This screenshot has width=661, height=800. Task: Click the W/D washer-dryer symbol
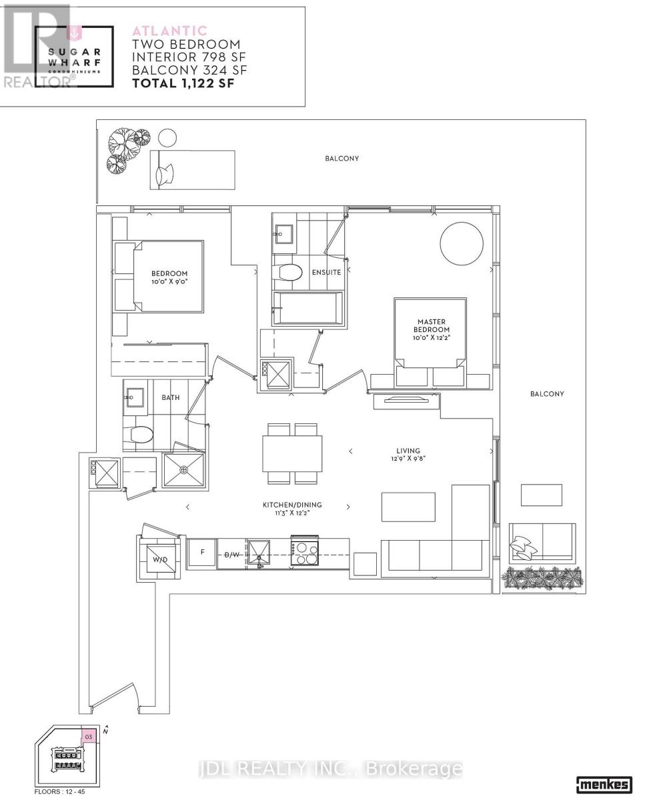click(161, 559)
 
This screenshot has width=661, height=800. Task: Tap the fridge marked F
click(202, 553)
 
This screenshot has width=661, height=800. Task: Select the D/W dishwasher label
click(231, 555)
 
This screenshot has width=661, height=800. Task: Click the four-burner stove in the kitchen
click(305, 553)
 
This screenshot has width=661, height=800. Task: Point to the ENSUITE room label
click(327, 272)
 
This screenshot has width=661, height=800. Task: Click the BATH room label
click(171, 397)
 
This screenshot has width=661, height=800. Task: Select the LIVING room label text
click(407, 451)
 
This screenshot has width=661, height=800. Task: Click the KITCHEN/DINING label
click(287, 506)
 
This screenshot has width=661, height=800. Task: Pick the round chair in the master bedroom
click(462, 242)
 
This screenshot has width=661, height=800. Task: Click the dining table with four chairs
click(292, 453)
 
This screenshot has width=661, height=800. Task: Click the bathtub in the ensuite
click(308, 308)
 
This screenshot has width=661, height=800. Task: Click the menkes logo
click(603, 784)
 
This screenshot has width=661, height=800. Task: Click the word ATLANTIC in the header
click(170, 31)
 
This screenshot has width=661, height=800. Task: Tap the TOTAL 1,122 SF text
click(183, 83)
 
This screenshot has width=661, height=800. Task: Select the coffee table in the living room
click(408, 507)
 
